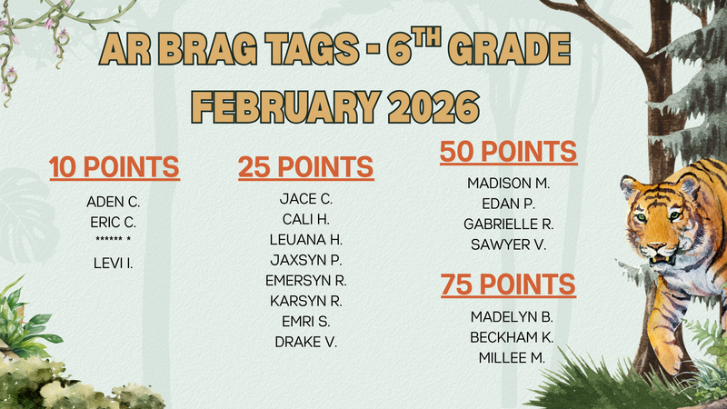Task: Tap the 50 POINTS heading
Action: [x=508, y=152]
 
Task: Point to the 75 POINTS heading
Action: [x=508, y=284]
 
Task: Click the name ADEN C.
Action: [x=114, y=201]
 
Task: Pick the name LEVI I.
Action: [x=114, y=263]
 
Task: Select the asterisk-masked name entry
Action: [x=114, y=241]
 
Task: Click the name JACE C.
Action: [x=306, y=198]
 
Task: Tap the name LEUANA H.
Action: [x=306, y=239]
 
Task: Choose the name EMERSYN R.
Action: [x=306, y=280]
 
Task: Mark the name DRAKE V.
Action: [x=306, y=342]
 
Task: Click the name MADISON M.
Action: [x=509, y=183]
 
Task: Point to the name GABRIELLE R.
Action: [x=509, y=224]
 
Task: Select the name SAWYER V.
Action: [x=509, y=244]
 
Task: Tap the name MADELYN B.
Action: [x=512, y=316]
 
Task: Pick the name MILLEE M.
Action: [x=512, y=357]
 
